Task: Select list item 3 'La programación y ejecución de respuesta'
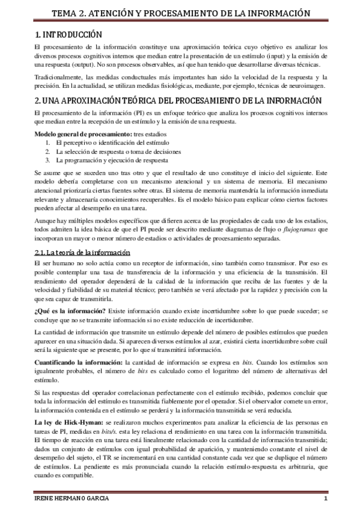tap(113, 161)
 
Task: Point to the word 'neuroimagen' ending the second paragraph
tap(307, 86)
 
